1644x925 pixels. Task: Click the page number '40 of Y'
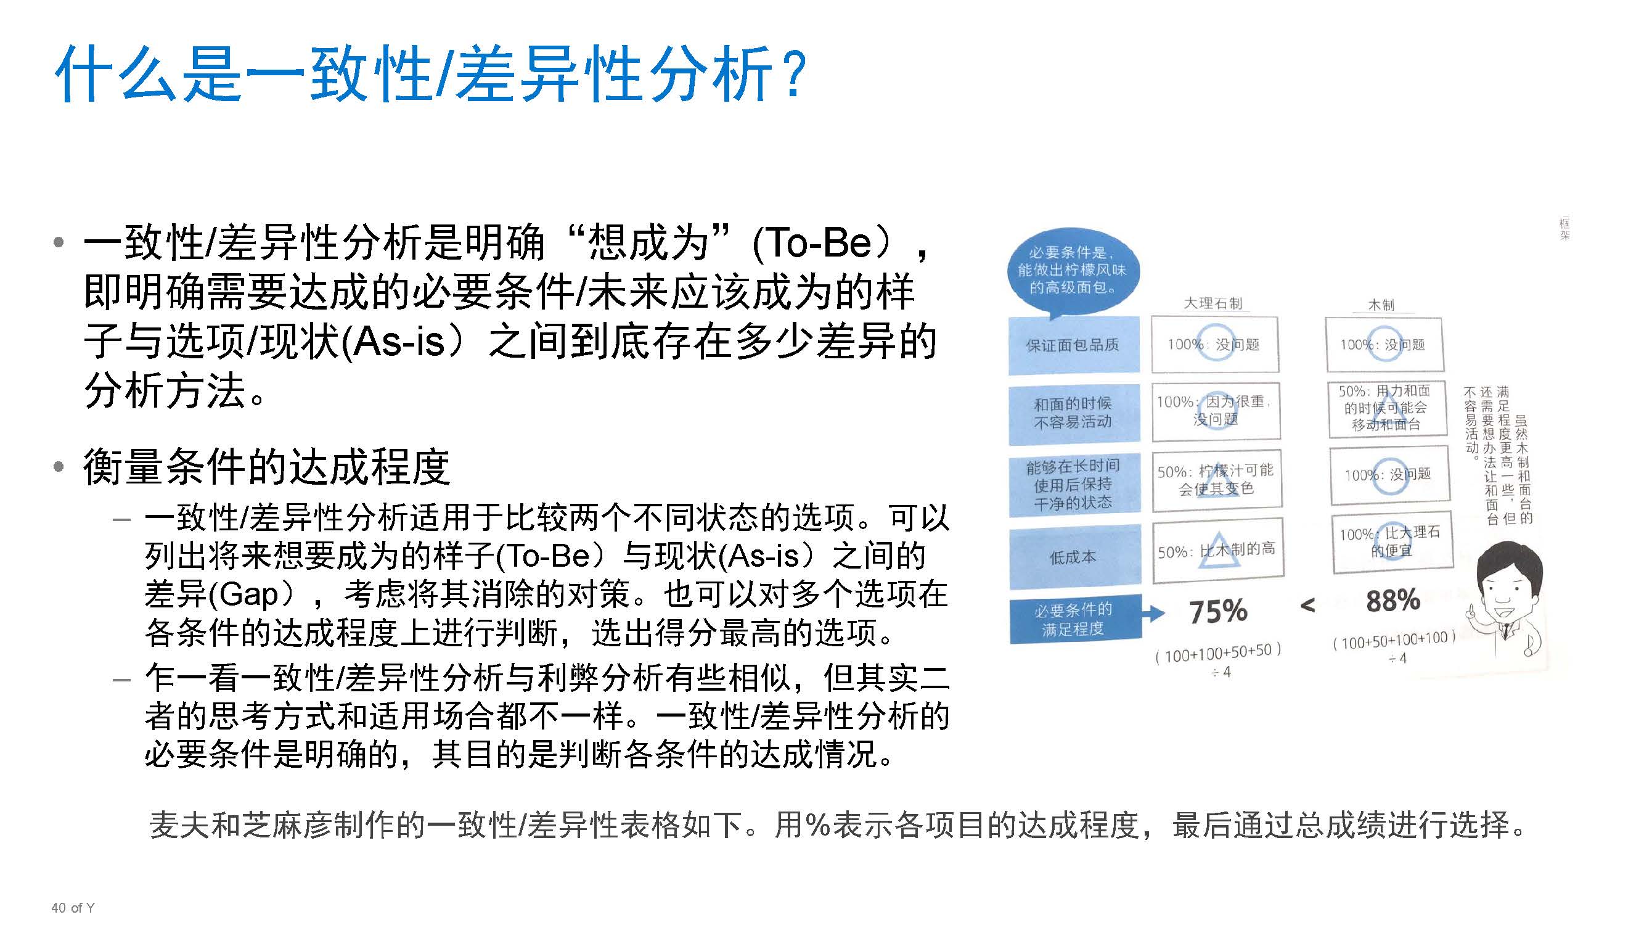tap(73, 907)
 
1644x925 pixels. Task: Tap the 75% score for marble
tap(1217, 611)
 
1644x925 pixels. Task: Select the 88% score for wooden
tap(1392, 601)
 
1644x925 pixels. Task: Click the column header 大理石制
tap(1213, 303)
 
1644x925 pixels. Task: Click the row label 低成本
tap(1073, 557)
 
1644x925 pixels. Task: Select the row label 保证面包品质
tap(1073, 345)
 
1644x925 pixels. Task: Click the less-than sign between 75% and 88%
tap(1307, 605)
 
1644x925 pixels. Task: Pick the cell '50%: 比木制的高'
tap(1216, 549)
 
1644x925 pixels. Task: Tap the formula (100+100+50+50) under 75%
tap(1217, 653)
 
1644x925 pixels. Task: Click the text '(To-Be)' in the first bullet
tap(820, 243)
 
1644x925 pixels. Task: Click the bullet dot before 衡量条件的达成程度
tap(59, 467)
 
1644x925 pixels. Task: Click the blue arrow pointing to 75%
tap(1152, 614)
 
